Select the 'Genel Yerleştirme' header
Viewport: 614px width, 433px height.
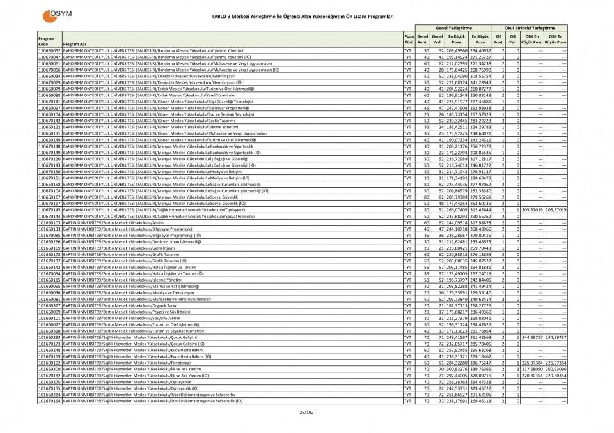pos(453,28)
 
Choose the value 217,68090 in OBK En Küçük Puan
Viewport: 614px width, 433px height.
pos(532,368)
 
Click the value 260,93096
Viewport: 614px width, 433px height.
pos(555,368)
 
